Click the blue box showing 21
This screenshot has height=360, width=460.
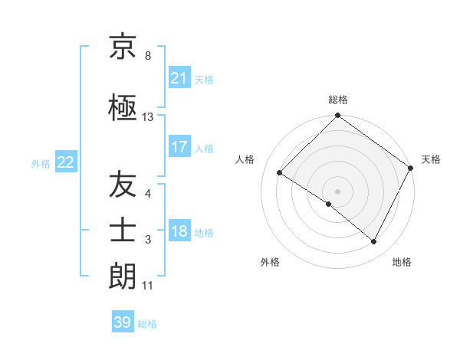(x=179, y=78)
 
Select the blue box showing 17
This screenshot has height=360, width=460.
(x=179, y=147)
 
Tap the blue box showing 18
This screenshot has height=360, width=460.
(x=179, y=232)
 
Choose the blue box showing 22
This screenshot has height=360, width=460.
(x=65, y=162)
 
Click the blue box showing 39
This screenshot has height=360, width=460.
(x=123, y=322)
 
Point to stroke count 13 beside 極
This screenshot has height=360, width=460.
(x=148, y=117)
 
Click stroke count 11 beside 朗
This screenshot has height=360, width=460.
(x=148, y=286)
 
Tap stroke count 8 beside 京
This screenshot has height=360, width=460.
(x=148, y=56)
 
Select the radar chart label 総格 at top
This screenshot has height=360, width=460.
(x=338, y=100)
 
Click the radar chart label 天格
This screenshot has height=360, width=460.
(x=431, y=159)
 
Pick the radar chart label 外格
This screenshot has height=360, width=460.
(x=270, y=262)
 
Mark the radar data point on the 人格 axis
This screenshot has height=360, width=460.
(x=280, y=173)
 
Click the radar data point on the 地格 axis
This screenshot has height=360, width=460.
(x=374, y=242)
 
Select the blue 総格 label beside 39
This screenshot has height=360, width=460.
(x=147, y=324)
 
